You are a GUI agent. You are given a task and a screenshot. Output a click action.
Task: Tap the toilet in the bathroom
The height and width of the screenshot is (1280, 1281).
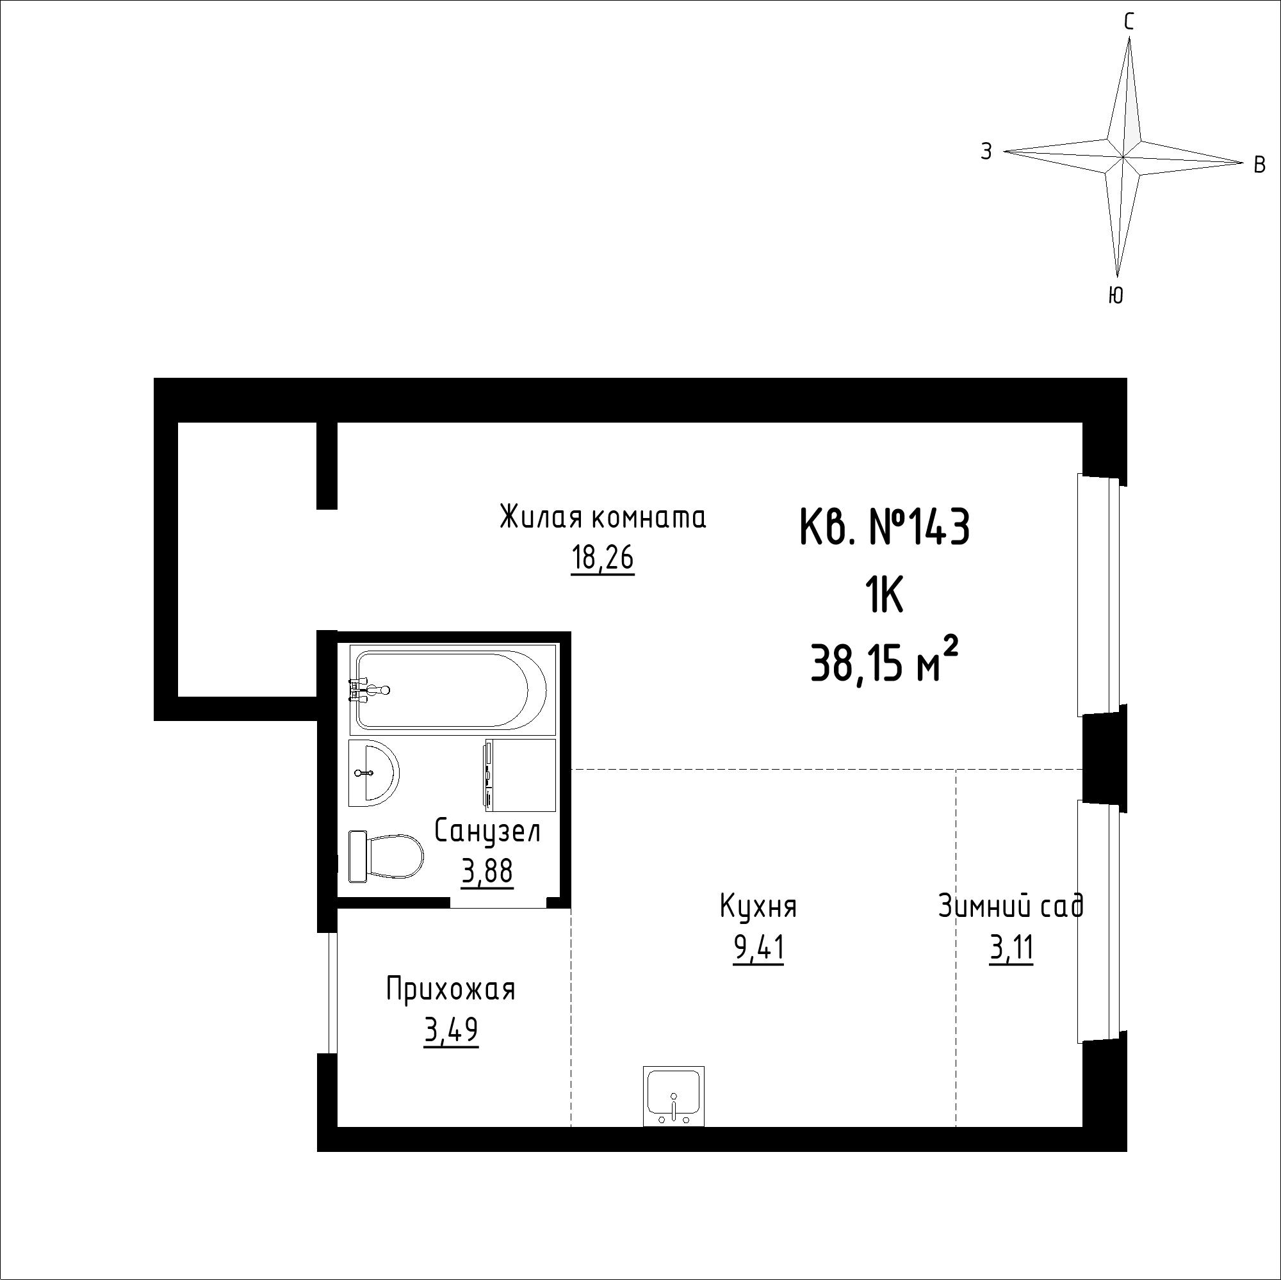pyautogui.click(x=385, y=856)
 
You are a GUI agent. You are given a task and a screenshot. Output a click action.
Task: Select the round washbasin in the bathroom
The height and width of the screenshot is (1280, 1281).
pyautogui.click(x=374, y=772)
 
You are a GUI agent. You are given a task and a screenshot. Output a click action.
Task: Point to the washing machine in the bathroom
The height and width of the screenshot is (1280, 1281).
pyautogui.click(x=521, y=775)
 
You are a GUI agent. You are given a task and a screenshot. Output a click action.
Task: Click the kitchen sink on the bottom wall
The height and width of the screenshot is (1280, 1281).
pyautogui.click(x=674, y=1096)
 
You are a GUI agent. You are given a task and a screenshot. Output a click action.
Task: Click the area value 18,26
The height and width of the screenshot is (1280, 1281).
pyautogui.click(x=603, y=559)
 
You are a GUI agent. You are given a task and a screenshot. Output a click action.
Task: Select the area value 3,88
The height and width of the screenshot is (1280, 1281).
pyautogui.click(x=487, y=871)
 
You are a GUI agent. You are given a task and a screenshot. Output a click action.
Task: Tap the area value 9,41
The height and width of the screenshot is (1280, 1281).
pyautogui.click(x=758, y=948)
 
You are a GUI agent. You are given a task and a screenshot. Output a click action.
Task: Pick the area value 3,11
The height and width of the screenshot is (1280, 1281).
pyautogui.click(x=1011, y=948)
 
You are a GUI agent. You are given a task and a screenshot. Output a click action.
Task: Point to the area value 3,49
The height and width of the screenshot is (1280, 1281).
pyautogui.click(x=451, y=1031)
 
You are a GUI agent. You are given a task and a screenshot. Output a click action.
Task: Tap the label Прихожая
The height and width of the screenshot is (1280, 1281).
pyautogui.click(x=451, y=990)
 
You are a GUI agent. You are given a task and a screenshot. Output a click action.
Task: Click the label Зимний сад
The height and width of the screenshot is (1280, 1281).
pyautogui.click(x=1011, y=905)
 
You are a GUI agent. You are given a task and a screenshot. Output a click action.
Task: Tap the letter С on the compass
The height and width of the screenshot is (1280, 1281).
pyautogui.click(x=1129, y=22)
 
